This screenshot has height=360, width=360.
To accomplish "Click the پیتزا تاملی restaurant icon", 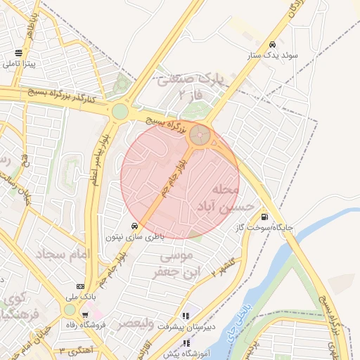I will click(18, 53).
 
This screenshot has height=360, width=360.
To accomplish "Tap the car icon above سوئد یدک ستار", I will click(272, 43).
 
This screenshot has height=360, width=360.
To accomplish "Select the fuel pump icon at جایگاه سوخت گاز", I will click(264, 217).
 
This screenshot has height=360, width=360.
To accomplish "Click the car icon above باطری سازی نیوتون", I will click(135, 226).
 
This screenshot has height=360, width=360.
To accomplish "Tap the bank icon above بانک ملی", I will click(80, 287).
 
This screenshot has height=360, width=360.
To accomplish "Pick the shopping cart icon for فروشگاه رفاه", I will click(85, 314).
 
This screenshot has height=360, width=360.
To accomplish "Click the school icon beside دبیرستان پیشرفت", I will click(186, 316).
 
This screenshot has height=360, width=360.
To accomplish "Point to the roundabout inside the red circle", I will click(200, 135).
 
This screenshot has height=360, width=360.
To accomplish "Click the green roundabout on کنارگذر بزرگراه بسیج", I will click(120, 111).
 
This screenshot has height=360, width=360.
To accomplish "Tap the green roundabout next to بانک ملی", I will click(69, 309).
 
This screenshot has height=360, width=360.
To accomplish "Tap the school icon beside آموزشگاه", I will click(186, 343).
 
